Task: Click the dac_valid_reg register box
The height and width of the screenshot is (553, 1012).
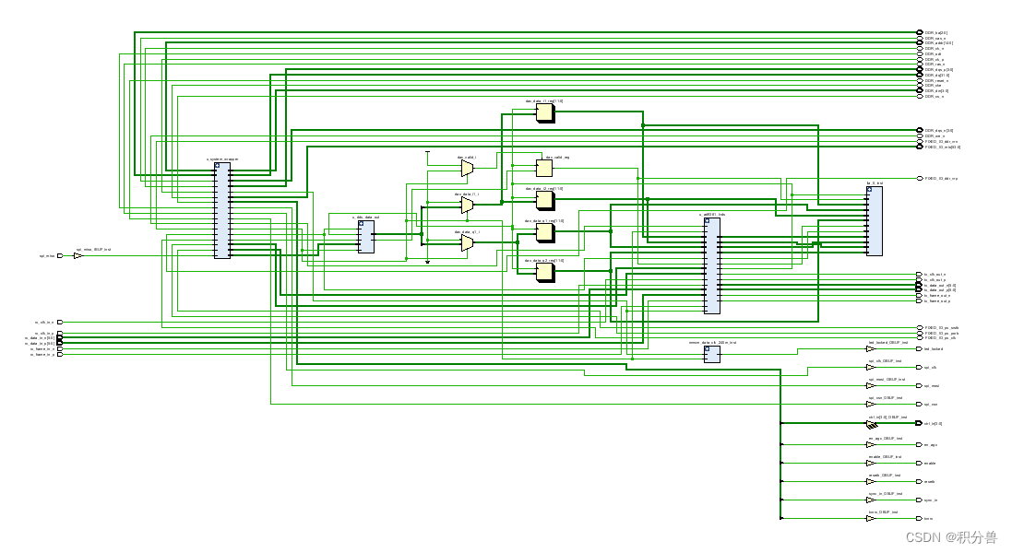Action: click(x=544, y=168)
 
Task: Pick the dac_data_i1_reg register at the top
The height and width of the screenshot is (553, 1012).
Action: click(x=545, y=112)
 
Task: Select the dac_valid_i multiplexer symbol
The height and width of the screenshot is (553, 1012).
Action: click(x=467, y=168)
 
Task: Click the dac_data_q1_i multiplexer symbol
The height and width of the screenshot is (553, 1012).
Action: click(x=467, y=242)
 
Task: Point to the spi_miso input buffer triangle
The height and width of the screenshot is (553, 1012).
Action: click(x=78, y=256)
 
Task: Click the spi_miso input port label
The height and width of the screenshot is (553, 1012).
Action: click(x=47, y=256)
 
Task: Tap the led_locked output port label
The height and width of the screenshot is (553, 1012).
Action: click(x=933, y=349)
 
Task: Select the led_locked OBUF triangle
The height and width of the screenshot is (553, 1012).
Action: click(x=870, y=349)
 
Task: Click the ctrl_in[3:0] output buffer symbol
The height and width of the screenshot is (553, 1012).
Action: click(x=870, y=424)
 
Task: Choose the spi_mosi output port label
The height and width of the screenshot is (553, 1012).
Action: click(x=932, y=386)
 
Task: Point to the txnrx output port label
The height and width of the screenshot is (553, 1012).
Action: click(x=929, y=519)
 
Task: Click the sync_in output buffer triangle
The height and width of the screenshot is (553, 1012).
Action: click(x=870, y=500)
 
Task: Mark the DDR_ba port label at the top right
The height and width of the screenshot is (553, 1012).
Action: click(x=936, y=32)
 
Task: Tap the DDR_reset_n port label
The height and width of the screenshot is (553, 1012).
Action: click(x=936, y=80)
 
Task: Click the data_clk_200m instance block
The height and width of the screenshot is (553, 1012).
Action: click(x=711, y=354)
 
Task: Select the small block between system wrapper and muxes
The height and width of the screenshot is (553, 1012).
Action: click(x=365, y=237)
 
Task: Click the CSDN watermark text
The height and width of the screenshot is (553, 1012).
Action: click(x=950, y=537)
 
